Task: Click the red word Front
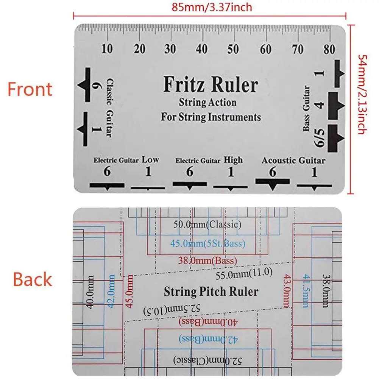click(30, 89)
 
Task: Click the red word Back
click(32, 279)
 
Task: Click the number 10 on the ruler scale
click(107, 49)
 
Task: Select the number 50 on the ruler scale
click(233, 49)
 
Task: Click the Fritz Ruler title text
click(211, 85)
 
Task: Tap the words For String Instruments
click(211, 117)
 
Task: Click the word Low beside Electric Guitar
click(150, 160)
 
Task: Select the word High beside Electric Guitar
click(233, 160)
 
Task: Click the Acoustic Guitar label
click(293, 160)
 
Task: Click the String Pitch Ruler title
click(211, 292)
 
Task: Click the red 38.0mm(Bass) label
click(207, 260)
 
